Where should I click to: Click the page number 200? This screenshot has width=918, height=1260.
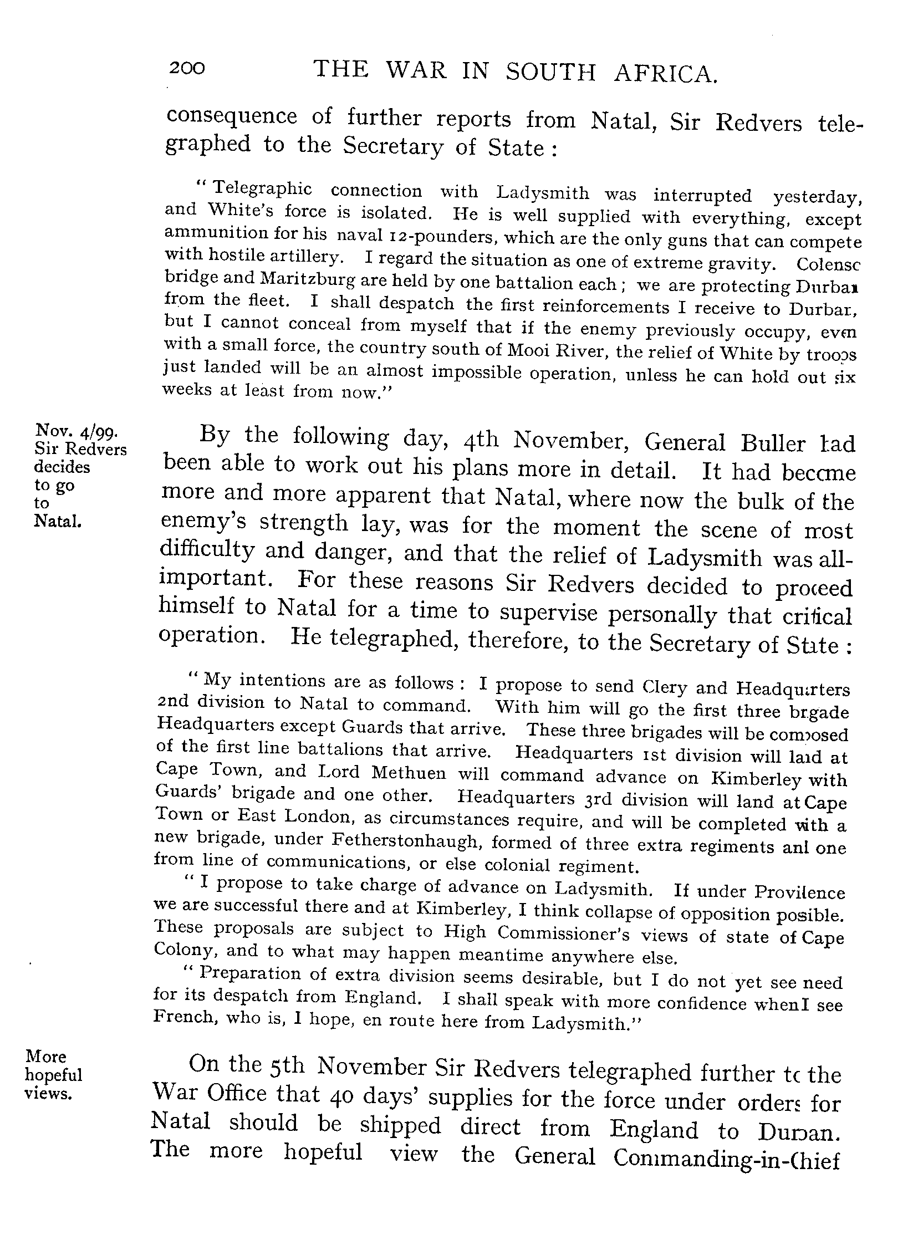(187, 69)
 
